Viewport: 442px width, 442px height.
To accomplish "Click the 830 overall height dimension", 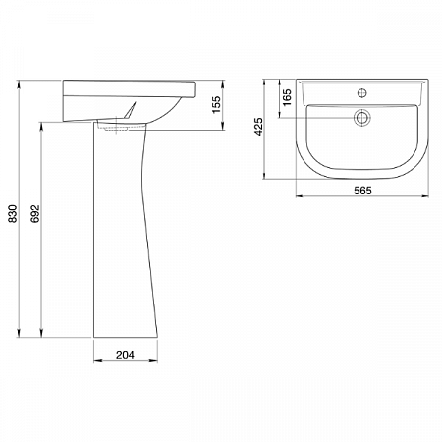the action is click(12, 213).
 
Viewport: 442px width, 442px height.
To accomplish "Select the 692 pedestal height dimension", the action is click(34, 213).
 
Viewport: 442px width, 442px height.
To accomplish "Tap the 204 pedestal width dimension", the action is click(125, 355).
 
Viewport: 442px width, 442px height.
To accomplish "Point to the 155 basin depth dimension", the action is click(216, 105).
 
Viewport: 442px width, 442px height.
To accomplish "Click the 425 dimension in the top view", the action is click(258, 127).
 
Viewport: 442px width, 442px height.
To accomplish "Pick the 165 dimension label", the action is click(287, 97).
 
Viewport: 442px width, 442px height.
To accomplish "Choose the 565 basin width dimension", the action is click(362, 191).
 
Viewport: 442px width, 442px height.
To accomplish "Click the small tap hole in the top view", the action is click(361, 93).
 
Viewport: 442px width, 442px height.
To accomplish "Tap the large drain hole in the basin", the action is click(361, 117).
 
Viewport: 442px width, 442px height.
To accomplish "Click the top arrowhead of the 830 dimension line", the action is click(19, 83).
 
